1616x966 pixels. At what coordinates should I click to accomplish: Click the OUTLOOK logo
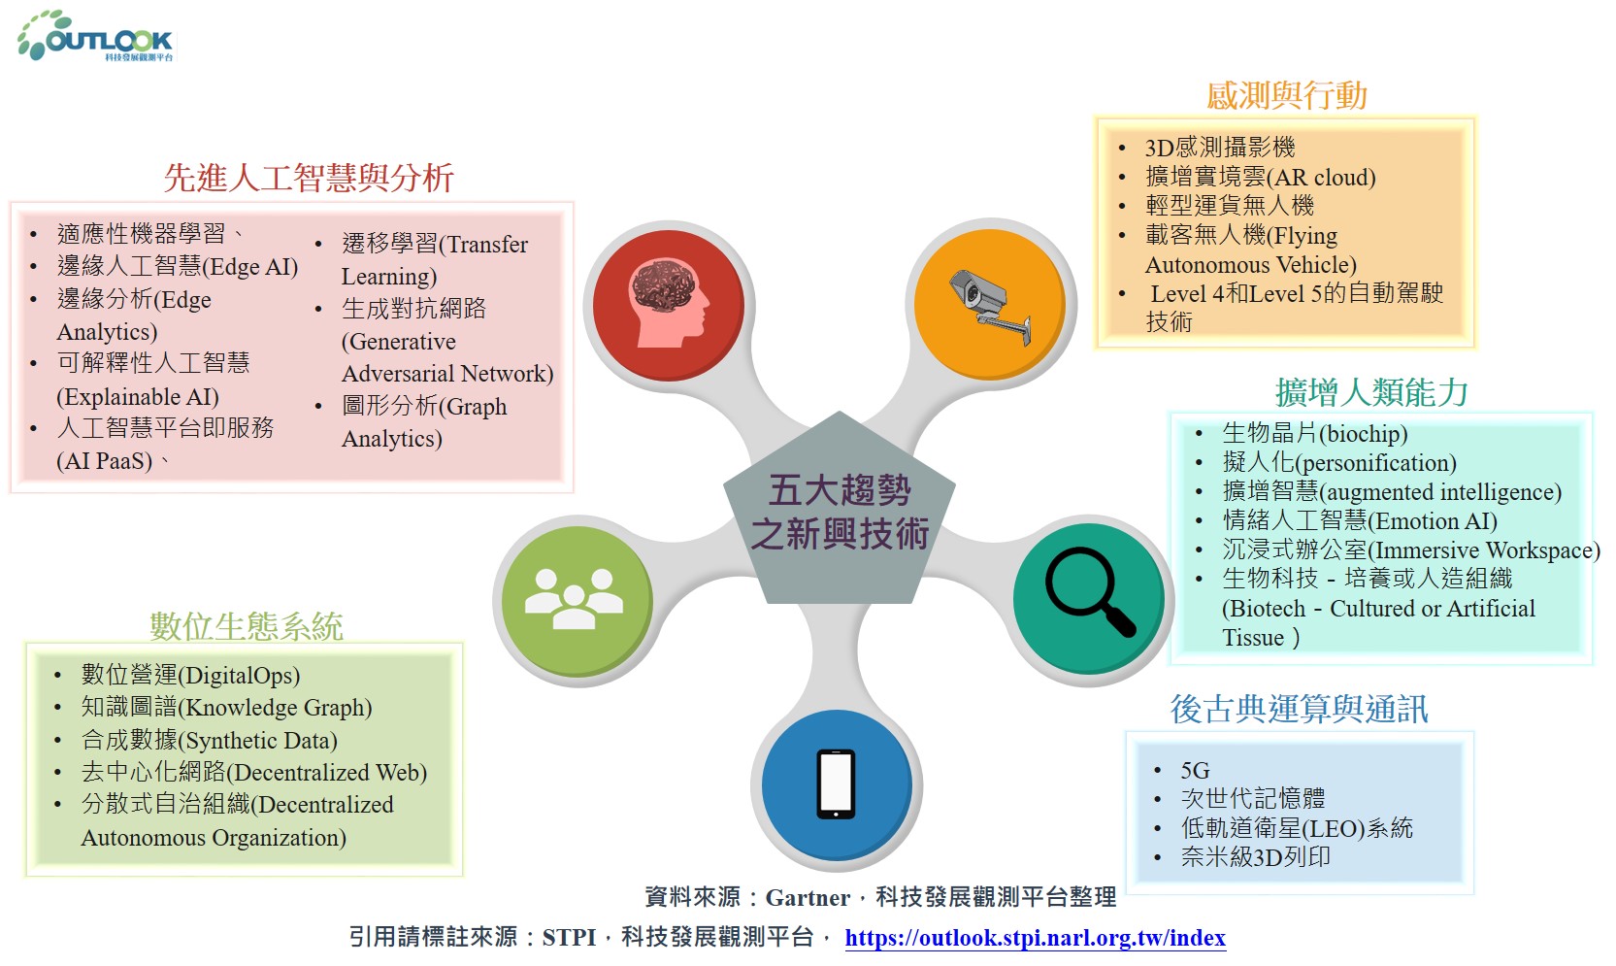pos(95,35)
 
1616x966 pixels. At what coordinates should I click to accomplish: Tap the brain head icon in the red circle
pos(669,303)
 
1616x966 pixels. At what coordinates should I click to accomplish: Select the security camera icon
pos(990,305)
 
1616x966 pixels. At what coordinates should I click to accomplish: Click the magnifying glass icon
pos(1089,591)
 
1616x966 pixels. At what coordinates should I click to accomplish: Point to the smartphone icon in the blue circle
pos(836,784)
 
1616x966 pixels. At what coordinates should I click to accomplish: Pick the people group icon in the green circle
pos(574,599)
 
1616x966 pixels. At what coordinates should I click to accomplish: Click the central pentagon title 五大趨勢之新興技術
pos(839,513)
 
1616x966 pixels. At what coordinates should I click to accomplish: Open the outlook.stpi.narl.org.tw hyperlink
pos(1036,938)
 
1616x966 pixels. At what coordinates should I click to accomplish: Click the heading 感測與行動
pos(1287,95)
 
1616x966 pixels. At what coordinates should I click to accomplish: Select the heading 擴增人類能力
pos(1371,392)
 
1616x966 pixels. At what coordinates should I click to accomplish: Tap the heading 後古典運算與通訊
pos(1299,709)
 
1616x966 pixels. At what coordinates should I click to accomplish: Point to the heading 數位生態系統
pos(246,625)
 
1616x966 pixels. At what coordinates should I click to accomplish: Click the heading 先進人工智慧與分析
pos(309,178)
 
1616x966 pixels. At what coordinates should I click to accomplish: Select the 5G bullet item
pos(1195,771)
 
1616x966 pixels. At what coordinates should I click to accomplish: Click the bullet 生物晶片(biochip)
pos(1314,433)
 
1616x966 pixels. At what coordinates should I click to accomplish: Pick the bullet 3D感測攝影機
pos(1220,148)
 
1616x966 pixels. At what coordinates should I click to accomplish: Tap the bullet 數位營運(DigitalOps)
pos(190,675)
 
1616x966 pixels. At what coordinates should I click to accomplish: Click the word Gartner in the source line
pos(808,897)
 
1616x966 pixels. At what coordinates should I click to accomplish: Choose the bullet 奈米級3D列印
pos(1255,857)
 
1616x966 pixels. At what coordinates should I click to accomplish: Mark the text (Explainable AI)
pos(138,396)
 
